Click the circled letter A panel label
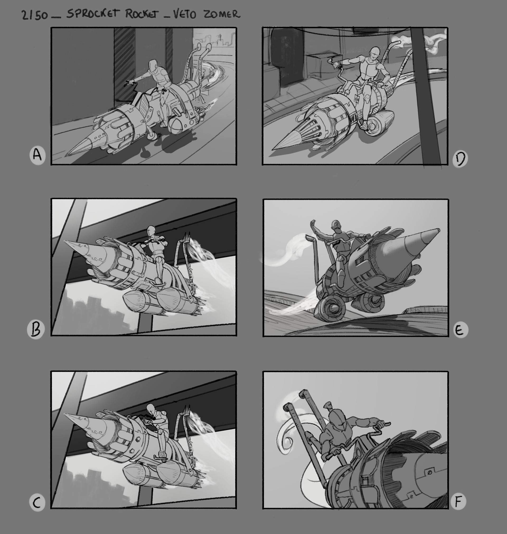coord(37,155)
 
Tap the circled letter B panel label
coord(36,329)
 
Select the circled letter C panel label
coord(37,502)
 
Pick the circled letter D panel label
coord(460,159)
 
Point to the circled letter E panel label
coord(460,330)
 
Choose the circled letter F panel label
coord(459,501)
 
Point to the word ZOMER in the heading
coord(222,14)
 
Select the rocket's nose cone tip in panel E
coord(439,230)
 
